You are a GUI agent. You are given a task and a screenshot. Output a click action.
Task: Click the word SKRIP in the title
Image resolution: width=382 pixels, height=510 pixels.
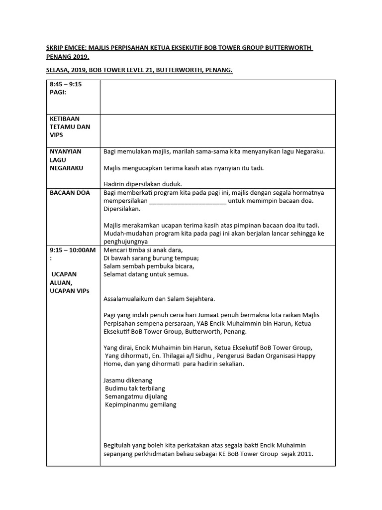pyautogui.click(x=55, y=47)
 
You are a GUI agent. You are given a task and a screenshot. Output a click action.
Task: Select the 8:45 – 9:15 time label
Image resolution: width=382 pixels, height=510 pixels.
pyautogui.click(x=66, y=84)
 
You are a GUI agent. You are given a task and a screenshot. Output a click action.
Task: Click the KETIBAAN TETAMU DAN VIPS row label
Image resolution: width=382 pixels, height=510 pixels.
pyautogui.click(x=70, y=127)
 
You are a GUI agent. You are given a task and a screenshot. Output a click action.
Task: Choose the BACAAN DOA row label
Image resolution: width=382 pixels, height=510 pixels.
pyautogui.click(x=70, y=193)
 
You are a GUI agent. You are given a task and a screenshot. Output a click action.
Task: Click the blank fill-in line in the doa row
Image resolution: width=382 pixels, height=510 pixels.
pyautogui.click(x=188, y=201)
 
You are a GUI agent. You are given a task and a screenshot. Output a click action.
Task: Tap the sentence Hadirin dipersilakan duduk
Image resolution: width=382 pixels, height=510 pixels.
pyautogui.click(x=143, y=184)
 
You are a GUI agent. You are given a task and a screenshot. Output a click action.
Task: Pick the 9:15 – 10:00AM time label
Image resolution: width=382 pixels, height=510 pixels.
pyautogui.click(x=72, y=250)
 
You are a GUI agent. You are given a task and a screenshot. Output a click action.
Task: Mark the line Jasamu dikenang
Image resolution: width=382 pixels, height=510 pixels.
pyautogui.click(x=128, y=380)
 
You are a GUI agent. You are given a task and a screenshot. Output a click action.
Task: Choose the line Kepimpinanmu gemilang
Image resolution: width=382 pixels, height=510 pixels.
pyautogui.click(x=141, y=404)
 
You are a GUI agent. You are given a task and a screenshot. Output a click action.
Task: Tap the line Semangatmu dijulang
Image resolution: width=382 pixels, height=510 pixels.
pyautogui.click(x=136, y=396)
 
